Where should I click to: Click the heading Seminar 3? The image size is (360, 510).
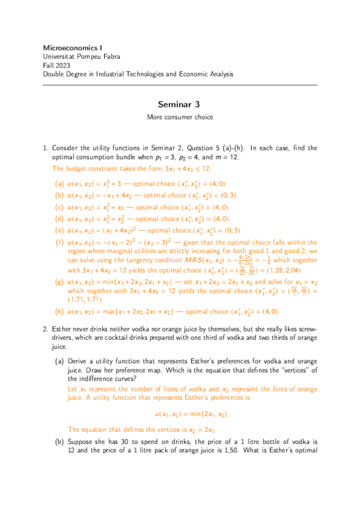tap(180, 104)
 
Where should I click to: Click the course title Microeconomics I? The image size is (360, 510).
tap(69, 47)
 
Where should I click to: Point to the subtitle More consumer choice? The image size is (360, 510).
tap(180, 117)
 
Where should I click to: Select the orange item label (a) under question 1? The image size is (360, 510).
tap(59, 183)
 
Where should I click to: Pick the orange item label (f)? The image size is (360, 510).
tap(59, 242)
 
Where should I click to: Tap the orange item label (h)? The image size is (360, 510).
tap(59, 312)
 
